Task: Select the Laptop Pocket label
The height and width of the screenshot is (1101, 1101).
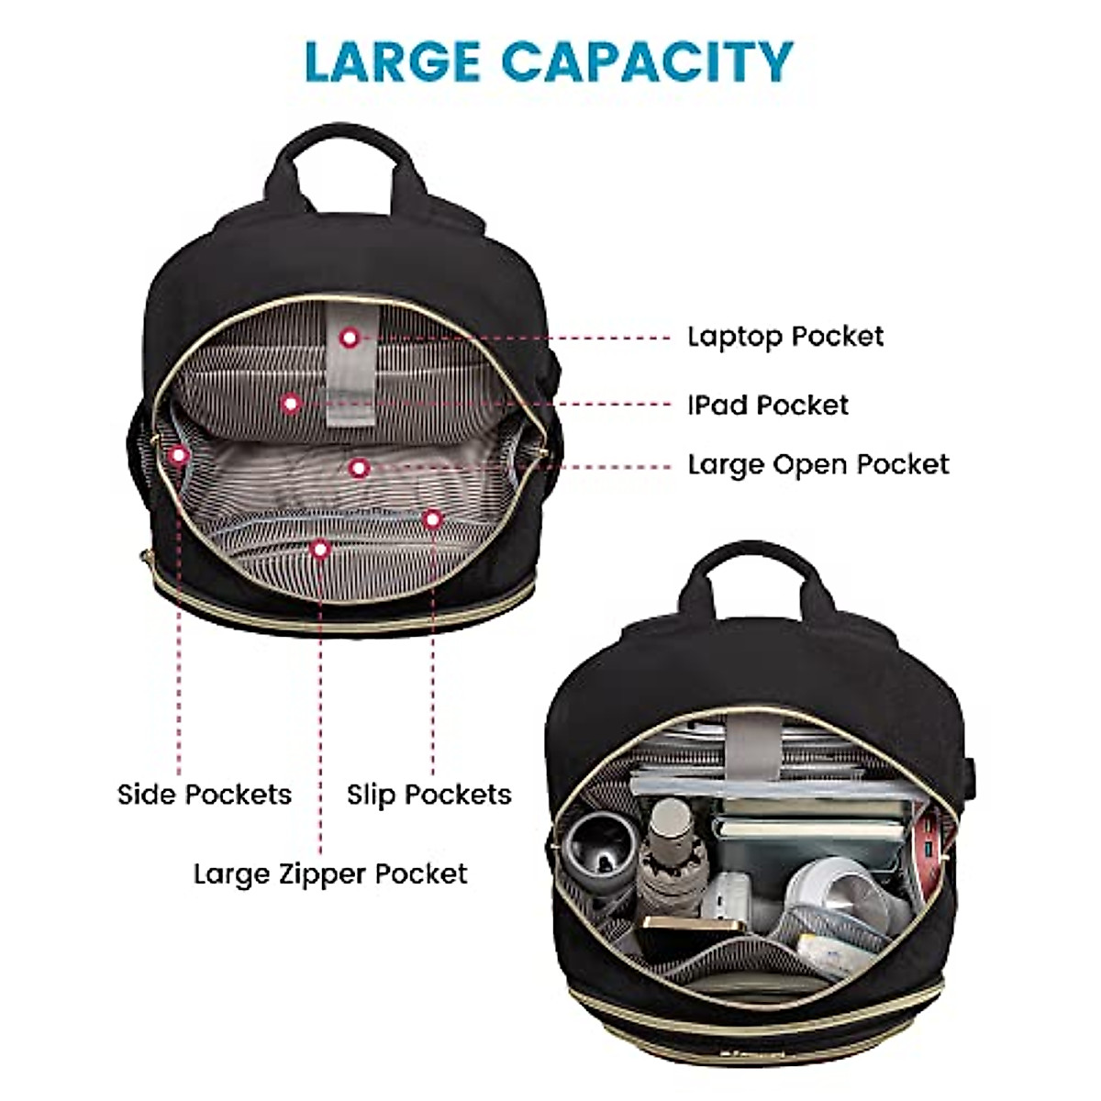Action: pos(785,337)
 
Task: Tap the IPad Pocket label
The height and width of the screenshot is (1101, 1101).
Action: pos(768,405)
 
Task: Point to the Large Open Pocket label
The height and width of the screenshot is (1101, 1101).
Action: pos(818,464)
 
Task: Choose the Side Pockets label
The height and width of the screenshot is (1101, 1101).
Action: pos(204,794)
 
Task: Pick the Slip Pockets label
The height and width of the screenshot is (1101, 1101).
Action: pos(428,794)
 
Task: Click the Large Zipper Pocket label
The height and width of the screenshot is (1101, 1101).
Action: pos(330,873)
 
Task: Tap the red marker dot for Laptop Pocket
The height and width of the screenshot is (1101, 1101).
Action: pos(349,338)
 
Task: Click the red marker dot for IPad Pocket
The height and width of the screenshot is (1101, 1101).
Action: pos(291,402)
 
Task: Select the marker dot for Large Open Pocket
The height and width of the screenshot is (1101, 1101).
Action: pos(359,468)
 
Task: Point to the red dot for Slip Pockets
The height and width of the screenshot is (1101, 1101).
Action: pos(432,519)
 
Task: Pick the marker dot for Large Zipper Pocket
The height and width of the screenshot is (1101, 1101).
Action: pos(319,549)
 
